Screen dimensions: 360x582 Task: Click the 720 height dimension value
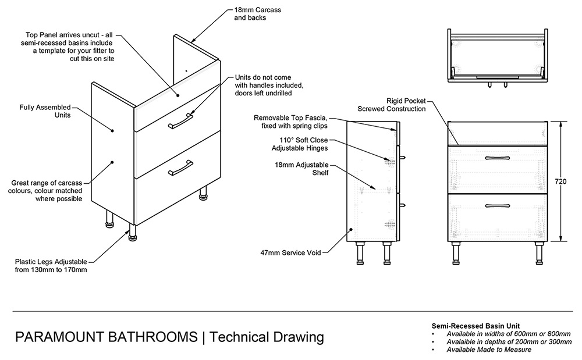point(560,182)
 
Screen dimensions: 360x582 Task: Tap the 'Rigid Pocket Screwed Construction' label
point(392,104)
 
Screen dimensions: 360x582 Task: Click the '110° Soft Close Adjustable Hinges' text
point(303,144)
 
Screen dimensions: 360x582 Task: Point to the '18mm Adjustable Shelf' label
point(301,169)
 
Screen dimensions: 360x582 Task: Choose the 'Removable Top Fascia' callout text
point(291,122)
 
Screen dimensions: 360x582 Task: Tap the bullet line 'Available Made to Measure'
point(489,350)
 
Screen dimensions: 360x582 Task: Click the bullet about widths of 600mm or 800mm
point(509,334)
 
